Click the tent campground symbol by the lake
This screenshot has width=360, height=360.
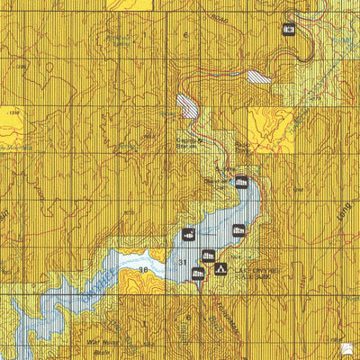click(x=219, y=269)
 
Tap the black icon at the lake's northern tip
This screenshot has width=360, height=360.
click(x=241, y=184)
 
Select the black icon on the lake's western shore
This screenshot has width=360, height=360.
click(x=189, y=236)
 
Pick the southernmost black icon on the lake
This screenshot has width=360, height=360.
click(x=199, y=275)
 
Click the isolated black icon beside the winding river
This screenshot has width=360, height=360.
click(x=289, y=29)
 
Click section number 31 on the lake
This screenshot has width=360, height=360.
click(x=184, y=262)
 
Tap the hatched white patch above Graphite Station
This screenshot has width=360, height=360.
click(x=188, y=105)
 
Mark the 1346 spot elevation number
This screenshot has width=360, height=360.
click(x=13, y=114)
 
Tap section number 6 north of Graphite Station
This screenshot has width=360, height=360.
click(x=186, y=35)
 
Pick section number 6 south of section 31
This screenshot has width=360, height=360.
click(x=187, y=318)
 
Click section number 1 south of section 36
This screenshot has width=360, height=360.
click(x=142, y=319)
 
